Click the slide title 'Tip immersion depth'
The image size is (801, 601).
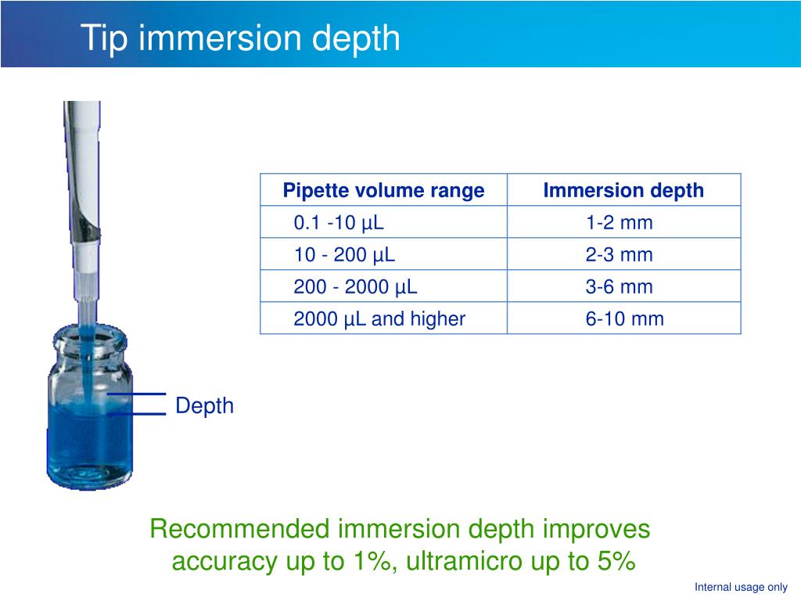pos(241,38)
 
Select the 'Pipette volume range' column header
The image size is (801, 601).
pos(383,190)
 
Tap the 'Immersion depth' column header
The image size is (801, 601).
pos(623,190)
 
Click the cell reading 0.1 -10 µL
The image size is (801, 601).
pos(339,223)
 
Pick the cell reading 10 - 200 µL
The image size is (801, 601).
pos(344,254)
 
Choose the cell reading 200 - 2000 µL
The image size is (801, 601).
pos(355,286)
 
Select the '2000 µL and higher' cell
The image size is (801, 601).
pos(379,318)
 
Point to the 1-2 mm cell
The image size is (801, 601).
pos(620,223)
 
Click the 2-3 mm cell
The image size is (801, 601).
pos(620,254)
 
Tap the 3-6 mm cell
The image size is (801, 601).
pos(620,286)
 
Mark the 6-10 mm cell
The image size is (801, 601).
pos(624,318)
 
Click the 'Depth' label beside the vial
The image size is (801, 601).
pos(204,405)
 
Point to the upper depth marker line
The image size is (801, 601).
pos(138,394)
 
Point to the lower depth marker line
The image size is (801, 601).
pos(138,414)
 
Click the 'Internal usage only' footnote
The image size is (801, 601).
pos(741,588)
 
